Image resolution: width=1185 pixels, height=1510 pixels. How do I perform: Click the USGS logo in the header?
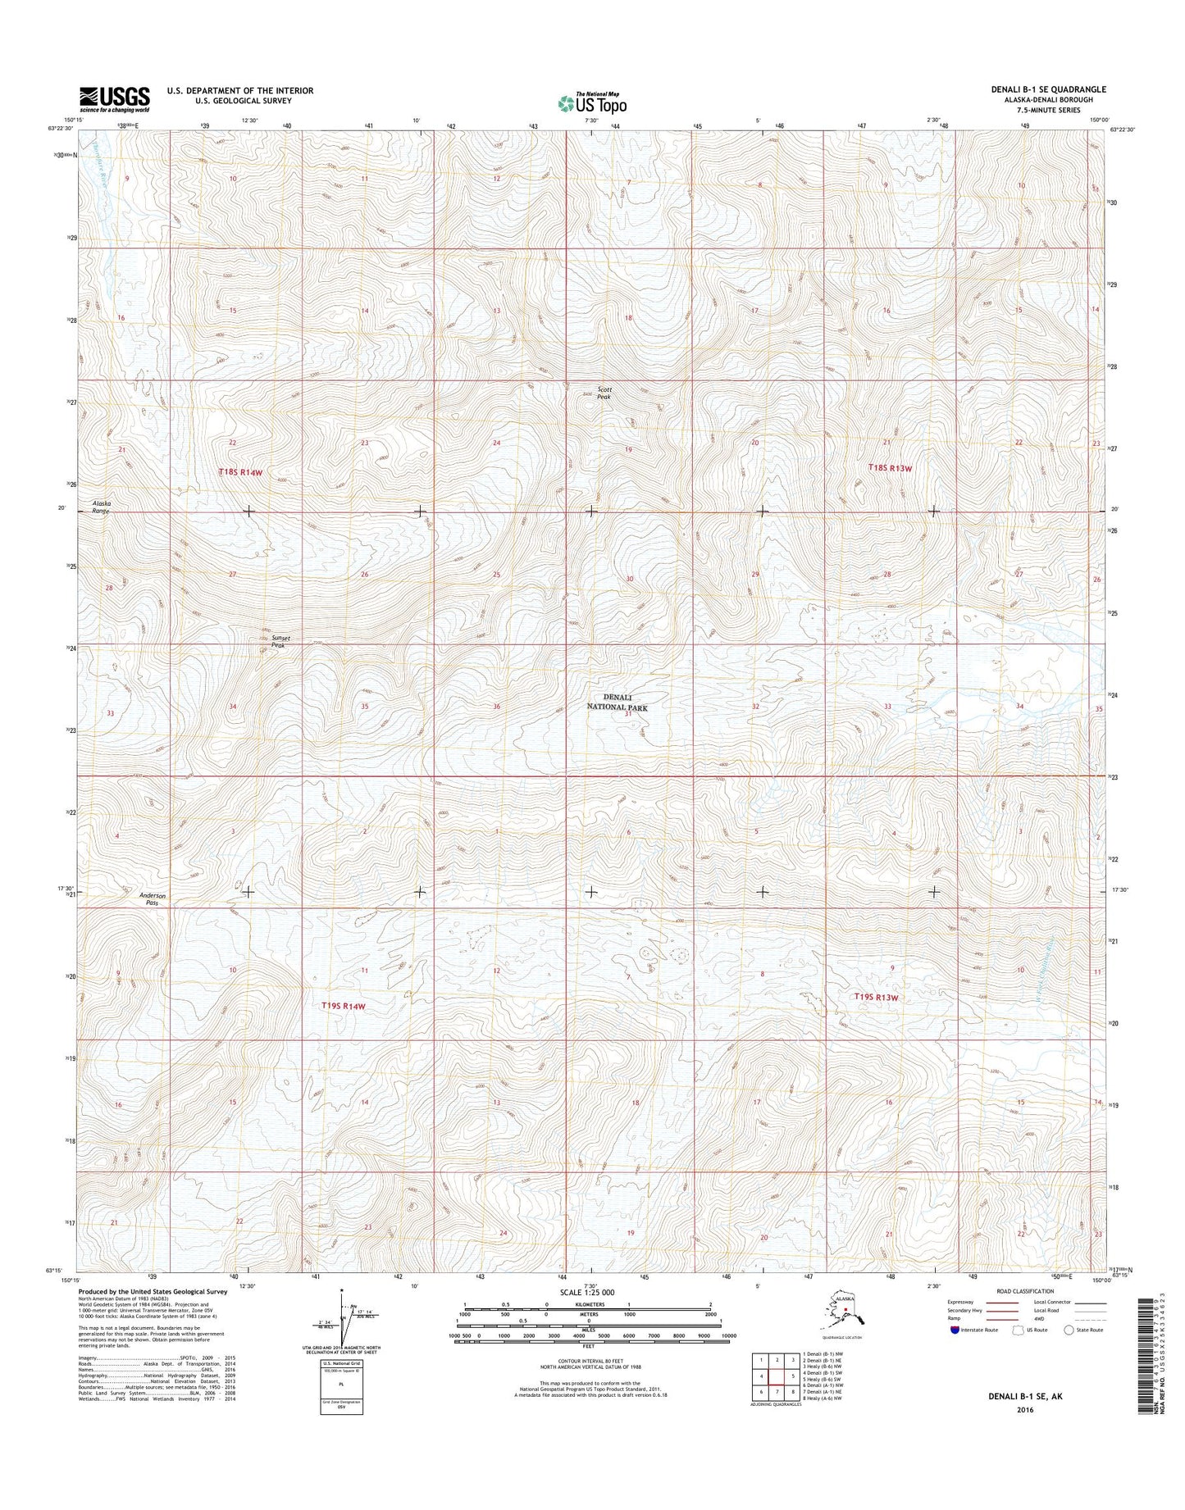pyautogui.click(x=114, y=99)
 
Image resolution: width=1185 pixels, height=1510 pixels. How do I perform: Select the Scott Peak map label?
pyautogui.click(x=604, y=393)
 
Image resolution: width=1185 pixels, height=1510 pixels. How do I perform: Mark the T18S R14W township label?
pyautogui.click(x=243, y=472)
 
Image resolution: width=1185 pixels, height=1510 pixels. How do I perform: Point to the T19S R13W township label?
pyautogui.click(x=877, y=997)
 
